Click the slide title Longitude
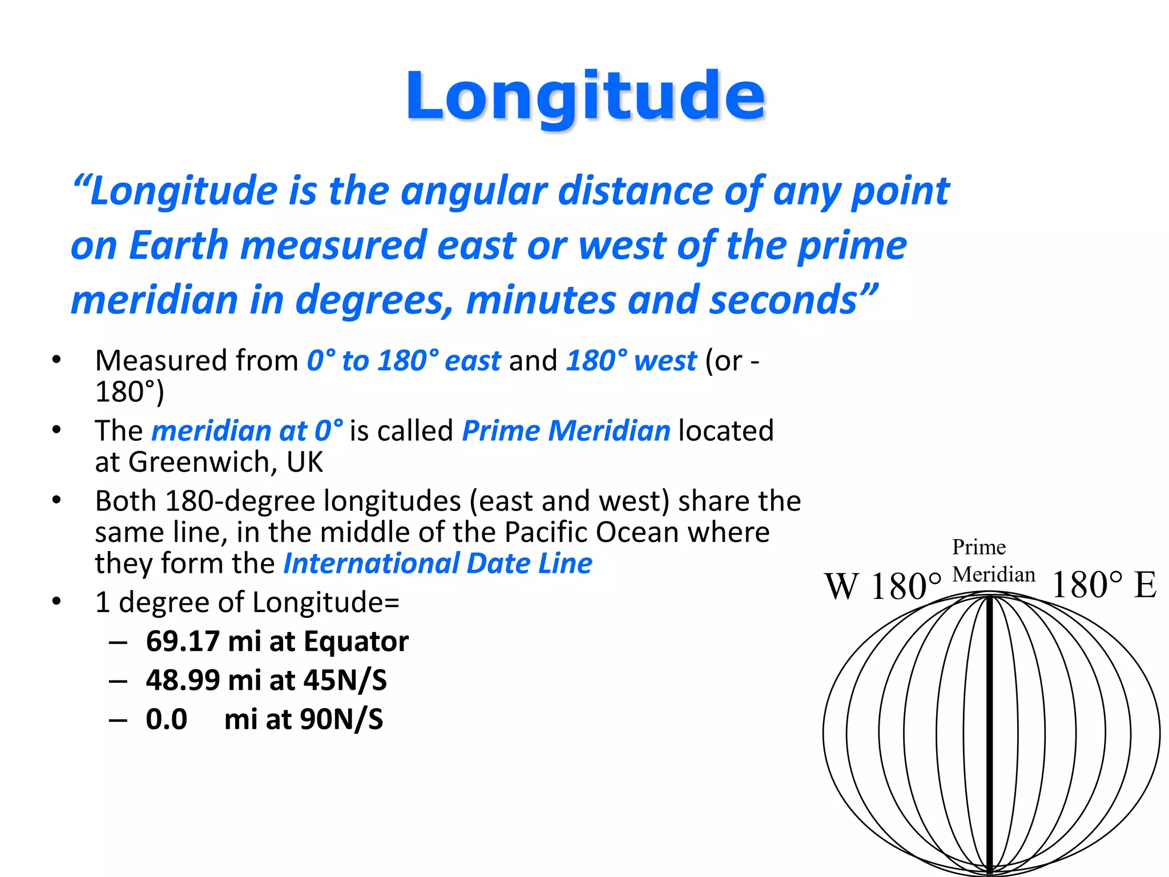click(x=585, y=96)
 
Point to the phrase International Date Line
click(x=438, y=564)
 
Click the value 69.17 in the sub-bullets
click(x=183, y=641)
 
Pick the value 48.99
click(x=183, y=680)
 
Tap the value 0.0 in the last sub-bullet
click(x=166, y=719)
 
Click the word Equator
click(x=356, y=641)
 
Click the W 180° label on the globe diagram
click(x=882, y=586)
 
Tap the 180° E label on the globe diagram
click(x=1103, y=585)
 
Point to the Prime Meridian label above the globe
click(x=993, y=561)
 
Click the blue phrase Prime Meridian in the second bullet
click(x=566, y=431)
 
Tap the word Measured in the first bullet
click(x=160, y=361)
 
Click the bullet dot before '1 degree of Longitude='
click(x=56, y=601)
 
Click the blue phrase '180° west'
click(x=631, y=361)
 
